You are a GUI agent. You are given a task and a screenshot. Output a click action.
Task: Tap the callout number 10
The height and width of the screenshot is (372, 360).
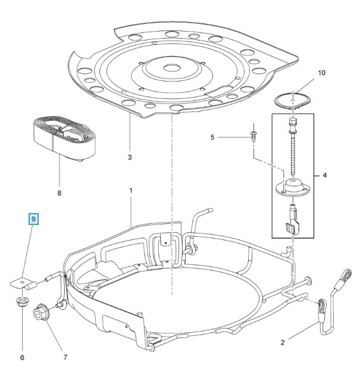tap(322, 73)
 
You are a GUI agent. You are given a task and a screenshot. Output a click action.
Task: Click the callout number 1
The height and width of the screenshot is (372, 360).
tap(130, 190)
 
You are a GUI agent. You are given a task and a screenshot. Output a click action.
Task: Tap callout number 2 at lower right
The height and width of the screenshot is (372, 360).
tap(283, 342)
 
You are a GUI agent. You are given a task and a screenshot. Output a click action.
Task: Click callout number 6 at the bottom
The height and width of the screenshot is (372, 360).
tap(22, 357)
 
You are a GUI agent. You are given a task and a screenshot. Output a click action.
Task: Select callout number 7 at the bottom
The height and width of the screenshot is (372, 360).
tap(65, 357)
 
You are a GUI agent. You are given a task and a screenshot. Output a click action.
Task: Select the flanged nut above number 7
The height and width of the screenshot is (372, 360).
tap(44, 310)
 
